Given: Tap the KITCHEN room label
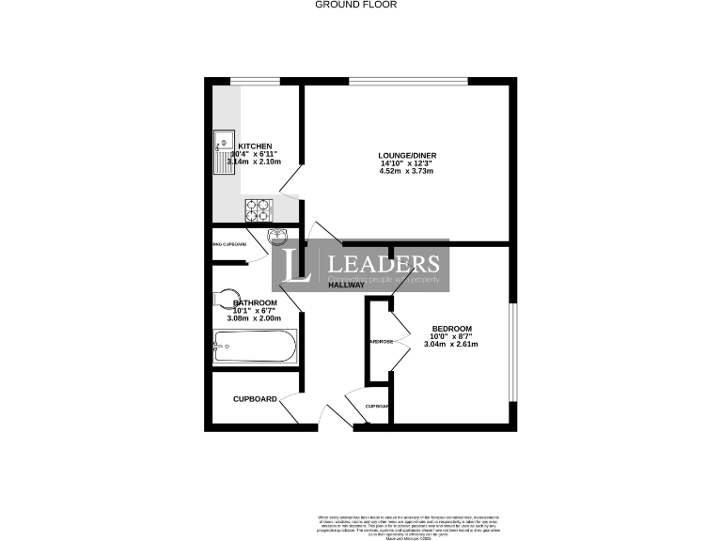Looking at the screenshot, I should [255, 147].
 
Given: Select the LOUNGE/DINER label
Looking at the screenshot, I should [408, 155].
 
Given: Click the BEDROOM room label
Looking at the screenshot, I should [452, 328].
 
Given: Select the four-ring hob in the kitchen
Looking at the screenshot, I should [259, 209].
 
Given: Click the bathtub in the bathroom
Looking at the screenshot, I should [255, 347].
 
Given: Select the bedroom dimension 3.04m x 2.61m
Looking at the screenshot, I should [452, 345].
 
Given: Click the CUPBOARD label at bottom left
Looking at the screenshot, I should [255, 399].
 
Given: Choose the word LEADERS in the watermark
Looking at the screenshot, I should [382, 264].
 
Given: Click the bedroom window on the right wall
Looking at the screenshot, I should [511, 348].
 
